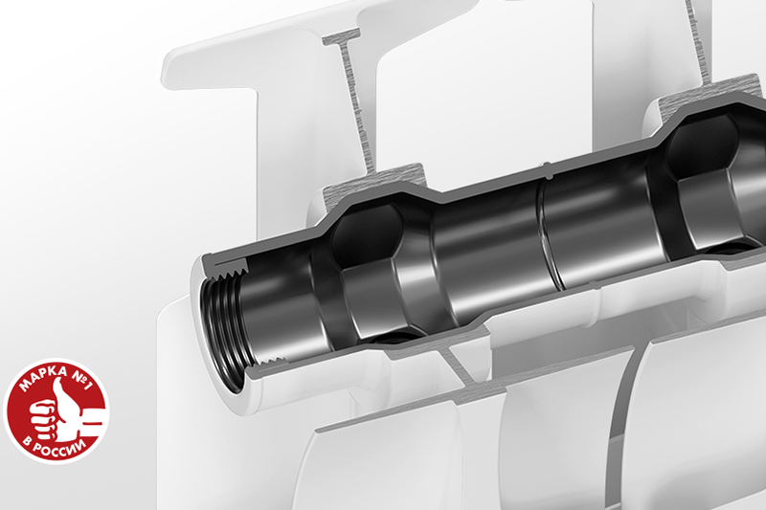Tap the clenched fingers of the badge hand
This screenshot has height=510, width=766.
(x=40, y=417)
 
